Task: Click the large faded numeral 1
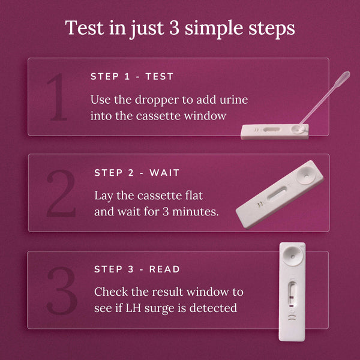pyautogui.click(x=58, y=97)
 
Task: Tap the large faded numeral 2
pyautogui.click(x=62, y=193)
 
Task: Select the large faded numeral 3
pyautogui.click(x=62, y=290)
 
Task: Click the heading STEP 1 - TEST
pyautogui.click(x=132, y=77)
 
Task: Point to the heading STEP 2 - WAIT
pyautogui.click(x=137, y=173)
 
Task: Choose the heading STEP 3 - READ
pyautogui.click(x=137, y=269)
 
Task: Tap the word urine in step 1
pyautogui.click(x=233, y=100)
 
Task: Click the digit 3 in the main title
pyautogui.click(x=177, y=28)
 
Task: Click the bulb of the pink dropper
pyautogui.click(x=342, y=79)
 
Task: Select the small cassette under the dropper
pyautogui.click(x=274, y=131)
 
